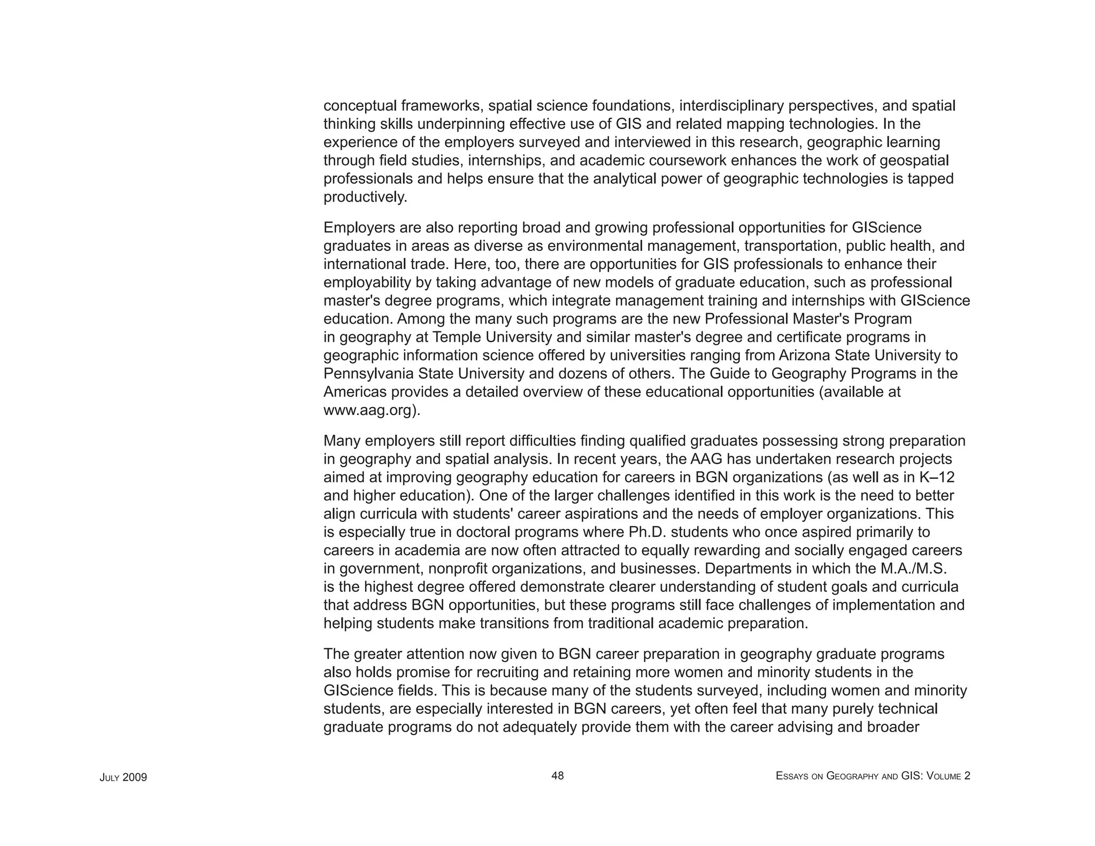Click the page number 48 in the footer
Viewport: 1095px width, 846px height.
557,775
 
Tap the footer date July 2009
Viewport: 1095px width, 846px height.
123,777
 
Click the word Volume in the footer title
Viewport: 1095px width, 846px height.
945,776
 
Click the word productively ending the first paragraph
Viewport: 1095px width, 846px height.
365,197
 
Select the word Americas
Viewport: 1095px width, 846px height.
354,392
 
